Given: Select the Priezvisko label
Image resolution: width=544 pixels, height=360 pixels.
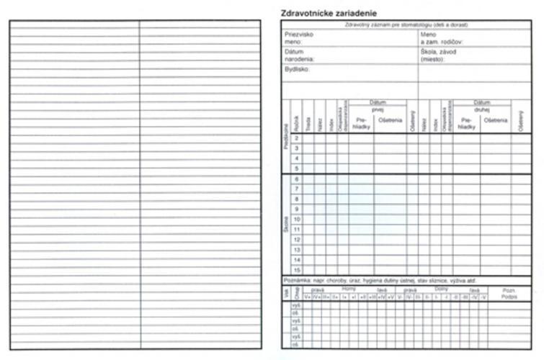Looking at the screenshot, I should tap(299, 34).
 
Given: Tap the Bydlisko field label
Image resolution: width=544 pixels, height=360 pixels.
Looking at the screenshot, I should tap(297, 70).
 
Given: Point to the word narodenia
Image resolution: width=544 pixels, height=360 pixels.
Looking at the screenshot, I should tap(300, 59).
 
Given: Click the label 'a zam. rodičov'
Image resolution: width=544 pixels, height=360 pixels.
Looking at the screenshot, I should tap(442, 42).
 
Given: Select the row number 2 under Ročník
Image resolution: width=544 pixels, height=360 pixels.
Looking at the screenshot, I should tap(296, 138).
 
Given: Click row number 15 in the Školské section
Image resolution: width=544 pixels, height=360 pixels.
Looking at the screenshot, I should tap(296, 270).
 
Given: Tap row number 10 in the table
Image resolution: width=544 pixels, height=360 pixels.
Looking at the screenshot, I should tap(296, 219).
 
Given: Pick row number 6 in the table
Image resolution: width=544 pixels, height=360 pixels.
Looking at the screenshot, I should tap(296, 179).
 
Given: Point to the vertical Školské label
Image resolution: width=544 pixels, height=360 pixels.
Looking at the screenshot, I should tap(286, 223).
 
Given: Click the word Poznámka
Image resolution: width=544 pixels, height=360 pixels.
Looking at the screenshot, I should tap(295, 280).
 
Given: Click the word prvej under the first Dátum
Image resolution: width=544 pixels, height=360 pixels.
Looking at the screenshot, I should tap(378, 109).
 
